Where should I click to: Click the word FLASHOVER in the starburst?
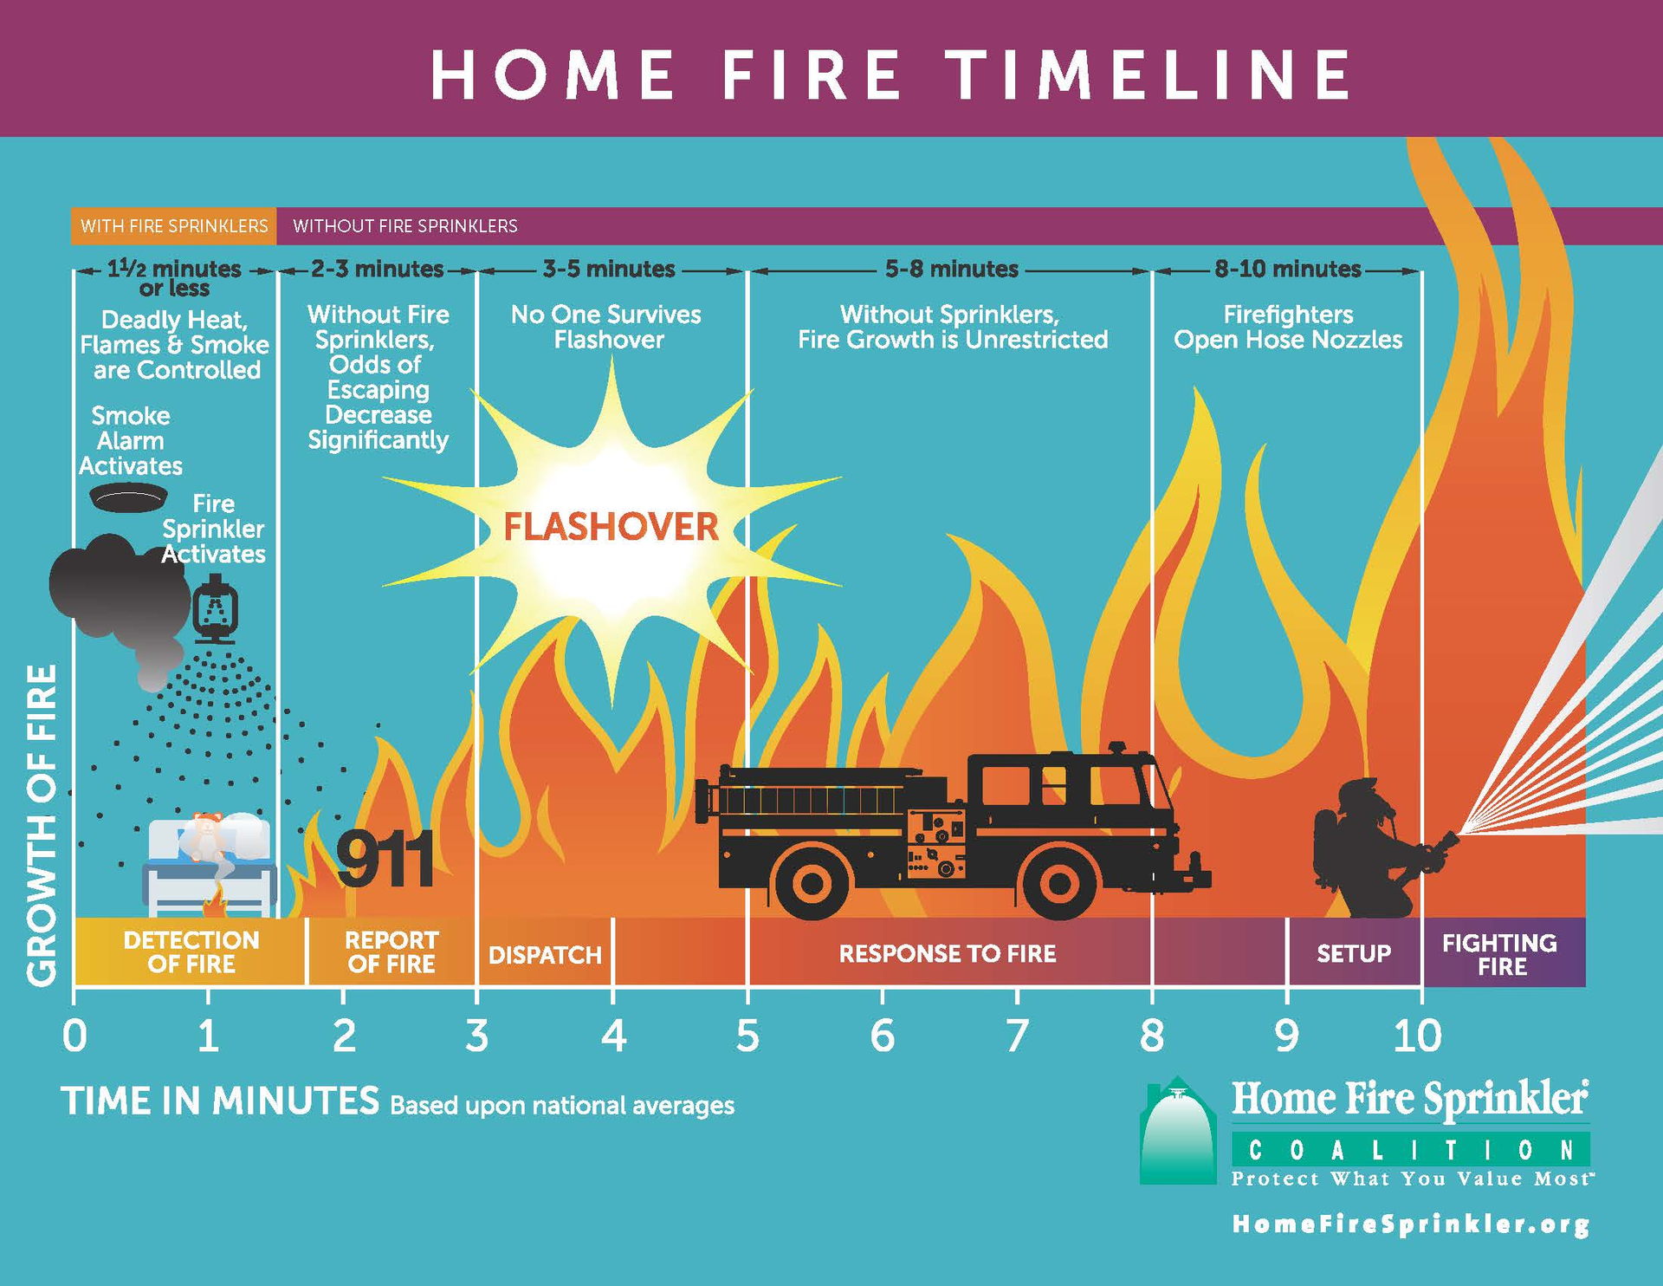(x=611, y=527)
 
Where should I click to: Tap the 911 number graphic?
(x=385, y=861)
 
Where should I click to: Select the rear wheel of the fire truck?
(x=812, y=883)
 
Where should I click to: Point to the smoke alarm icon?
(x=128, y=497)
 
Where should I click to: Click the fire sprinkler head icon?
(x=215, y=613)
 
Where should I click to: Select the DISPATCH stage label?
(x=545, y=955)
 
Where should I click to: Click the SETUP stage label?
(x=1354, y=953)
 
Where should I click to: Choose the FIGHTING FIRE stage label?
(x=1500, y=954)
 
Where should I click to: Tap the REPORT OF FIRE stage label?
(x=391, y=952)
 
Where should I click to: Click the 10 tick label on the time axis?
(x=1418, y=1036)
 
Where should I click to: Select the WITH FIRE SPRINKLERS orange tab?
(x=174, y=226)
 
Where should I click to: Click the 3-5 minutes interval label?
(x=609, y=270)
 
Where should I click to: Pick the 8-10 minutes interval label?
(x=1287, y=270)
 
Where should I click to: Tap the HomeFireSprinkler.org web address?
(x=1410, y=1224)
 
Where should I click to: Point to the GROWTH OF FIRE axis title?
(x=42, y=825)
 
